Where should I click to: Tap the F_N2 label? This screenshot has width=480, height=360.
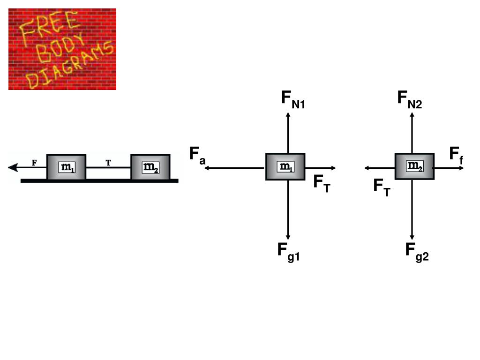coord(410,100)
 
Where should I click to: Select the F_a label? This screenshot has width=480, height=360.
coord(197,156)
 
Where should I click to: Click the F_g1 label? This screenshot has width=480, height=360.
coord(288,252)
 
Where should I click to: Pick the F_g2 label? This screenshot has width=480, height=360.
coord(417,252)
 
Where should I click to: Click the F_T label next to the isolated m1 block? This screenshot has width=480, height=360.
coord(322,184)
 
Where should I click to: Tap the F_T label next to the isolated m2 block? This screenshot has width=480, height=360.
coord(382,188)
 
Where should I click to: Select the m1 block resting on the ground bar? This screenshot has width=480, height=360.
coord(66,167)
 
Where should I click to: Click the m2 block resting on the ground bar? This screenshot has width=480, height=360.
coord(150,167)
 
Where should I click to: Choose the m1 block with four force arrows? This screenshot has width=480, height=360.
coord(285,166)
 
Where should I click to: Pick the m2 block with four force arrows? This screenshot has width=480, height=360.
coord(414,166)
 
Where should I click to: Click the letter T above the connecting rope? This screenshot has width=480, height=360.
coord(108,163)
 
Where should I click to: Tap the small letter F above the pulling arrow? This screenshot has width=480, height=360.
coord(34,163)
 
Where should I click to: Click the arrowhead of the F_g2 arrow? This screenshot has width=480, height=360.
coord(412,237)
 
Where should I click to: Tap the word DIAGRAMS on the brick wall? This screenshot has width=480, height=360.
coord(70,66)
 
